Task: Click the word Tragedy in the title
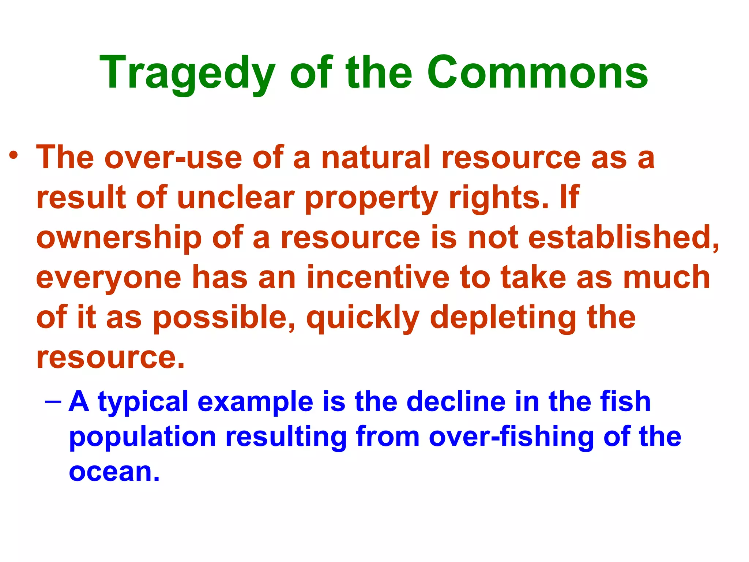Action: click(x=187, y=73)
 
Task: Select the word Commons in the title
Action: click(x=537, y=73)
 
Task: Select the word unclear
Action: click(x=236, y=198)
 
